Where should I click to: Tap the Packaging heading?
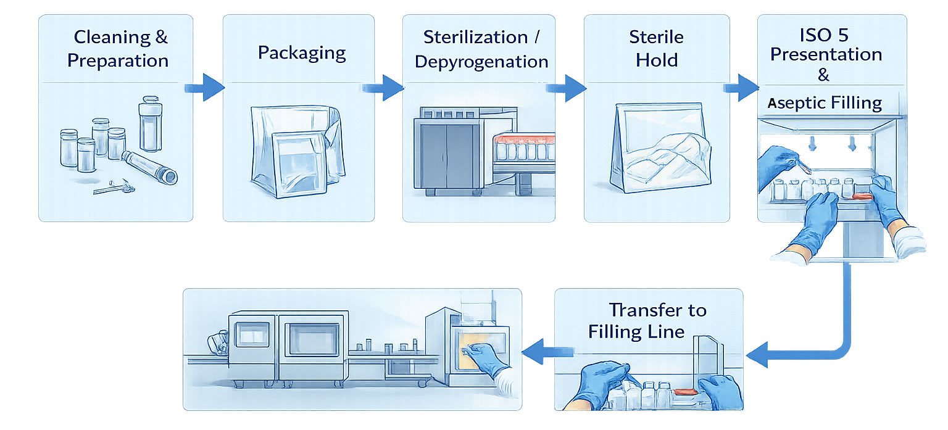pos(301,52)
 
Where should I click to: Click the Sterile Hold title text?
pos(657,48)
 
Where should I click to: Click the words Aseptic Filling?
pos(825,102)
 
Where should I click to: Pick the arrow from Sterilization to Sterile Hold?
pos(568,88)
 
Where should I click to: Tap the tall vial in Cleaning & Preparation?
pos(150,126)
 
